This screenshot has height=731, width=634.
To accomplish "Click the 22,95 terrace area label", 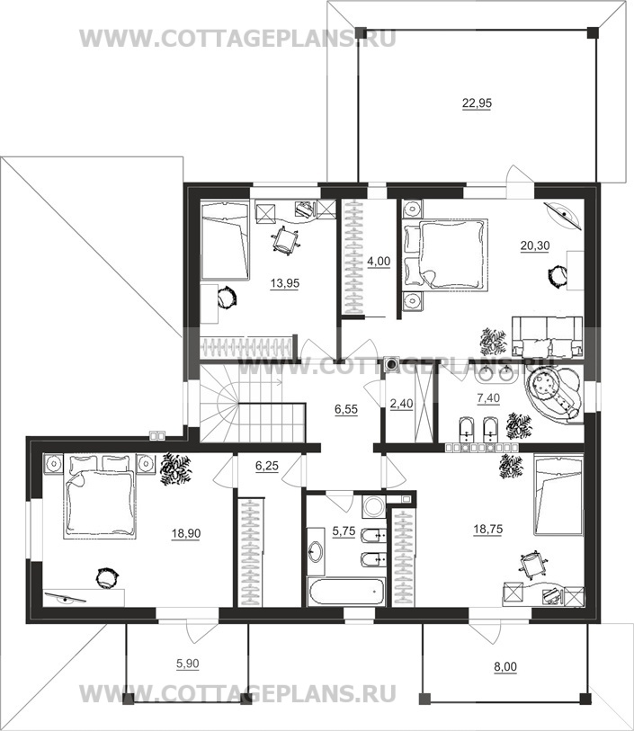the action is point(477,103).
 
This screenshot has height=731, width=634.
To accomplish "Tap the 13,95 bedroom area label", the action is point(285,283).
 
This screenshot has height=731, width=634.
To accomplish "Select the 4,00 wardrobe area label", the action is point(379,262).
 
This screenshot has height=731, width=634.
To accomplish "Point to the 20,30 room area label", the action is point(535,245).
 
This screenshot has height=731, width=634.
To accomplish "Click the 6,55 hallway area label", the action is point(346,409).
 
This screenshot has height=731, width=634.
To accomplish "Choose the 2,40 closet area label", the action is point(401,403).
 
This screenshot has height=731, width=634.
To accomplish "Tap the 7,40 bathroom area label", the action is point(488,398).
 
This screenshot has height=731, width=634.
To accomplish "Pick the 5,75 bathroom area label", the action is point(344,531).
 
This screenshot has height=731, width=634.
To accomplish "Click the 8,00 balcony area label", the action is point(505,667).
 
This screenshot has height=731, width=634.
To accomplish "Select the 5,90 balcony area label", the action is point(187,664).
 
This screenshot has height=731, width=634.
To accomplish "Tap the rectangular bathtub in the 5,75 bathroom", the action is point(346,592).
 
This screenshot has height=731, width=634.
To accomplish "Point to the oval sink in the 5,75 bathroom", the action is point(316,552).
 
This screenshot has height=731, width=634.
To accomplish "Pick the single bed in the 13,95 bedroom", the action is point(224,241).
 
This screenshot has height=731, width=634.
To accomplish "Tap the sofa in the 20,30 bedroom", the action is point(548,336).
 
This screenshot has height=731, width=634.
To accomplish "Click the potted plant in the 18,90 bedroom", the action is point(174,469).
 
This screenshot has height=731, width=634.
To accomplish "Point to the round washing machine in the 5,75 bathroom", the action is point(373,506).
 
